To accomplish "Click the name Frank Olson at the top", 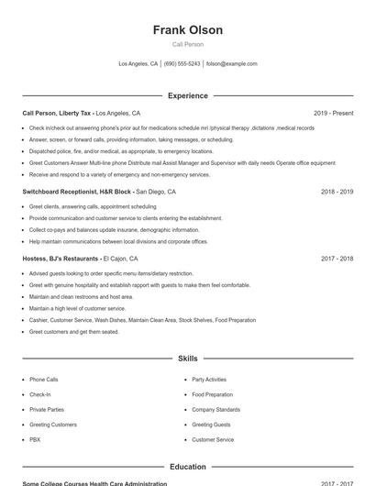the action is (188, 30).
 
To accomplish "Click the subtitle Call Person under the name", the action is (188, 44).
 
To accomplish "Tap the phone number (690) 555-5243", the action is (182, 64).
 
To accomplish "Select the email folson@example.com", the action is (232, 64).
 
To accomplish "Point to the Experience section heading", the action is (188, 95).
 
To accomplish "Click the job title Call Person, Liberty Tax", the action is (57, 113).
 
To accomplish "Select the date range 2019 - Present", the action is (333, 113).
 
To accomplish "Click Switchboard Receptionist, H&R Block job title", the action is (77, 193).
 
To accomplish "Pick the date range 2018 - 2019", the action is (337, 193).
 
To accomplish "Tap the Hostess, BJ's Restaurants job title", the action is (61, 259).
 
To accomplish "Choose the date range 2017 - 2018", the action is (337, 259).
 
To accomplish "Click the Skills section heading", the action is (188, 359).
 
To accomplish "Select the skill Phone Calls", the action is (43, 379).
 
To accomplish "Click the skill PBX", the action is (35, 440).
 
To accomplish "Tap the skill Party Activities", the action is (209, 379).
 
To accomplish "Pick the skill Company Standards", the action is (216, 409).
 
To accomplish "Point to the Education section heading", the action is (188, 467).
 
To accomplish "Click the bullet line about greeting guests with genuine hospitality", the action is (139, 285).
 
